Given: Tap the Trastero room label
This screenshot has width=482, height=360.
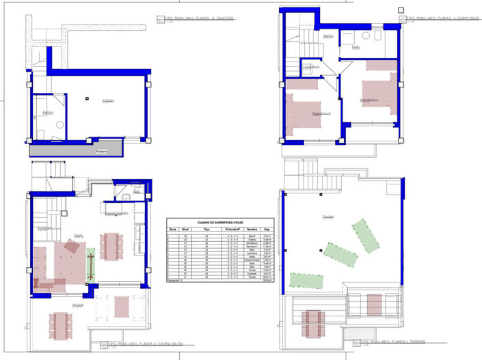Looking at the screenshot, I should click(x=107, y=101).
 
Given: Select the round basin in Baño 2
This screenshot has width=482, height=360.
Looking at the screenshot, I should click(x=59, y=125).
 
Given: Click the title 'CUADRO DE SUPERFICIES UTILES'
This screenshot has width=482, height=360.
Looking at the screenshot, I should click(x=220, y=223).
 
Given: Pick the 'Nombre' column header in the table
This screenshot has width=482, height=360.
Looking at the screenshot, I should click(x=252, y=230).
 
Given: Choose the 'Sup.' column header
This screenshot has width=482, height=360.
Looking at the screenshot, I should click(x=269, y=230).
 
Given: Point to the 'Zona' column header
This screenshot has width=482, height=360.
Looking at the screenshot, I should click(x=172, y=230).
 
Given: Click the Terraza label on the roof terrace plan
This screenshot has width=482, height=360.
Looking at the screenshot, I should click(x=328, y=217).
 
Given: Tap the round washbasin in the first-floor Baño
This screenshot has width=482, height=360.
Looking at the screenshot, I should click(x=366, y=35).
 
